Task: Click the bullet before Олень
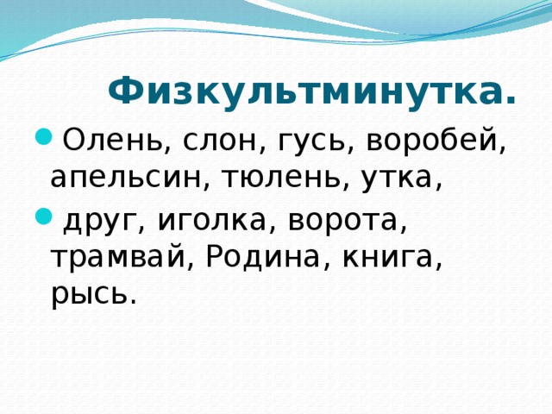coord(42,136)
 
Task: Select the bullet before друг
coord(42,216)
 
